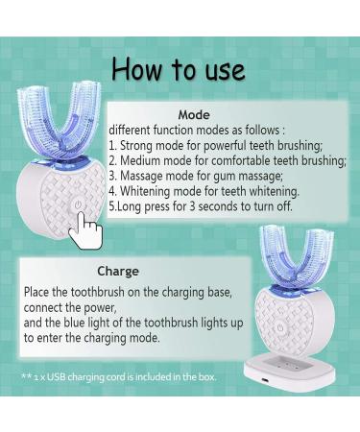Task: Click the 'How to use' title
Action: [179, 69]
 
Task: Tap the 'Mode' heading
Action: [194, 114]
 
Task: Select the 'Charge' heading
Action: [118, 272]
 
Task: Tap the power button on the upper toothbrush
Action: [78, 205]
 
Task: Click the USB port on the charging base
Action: [264, 380]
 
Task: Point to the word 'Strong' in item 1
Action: [135, 146]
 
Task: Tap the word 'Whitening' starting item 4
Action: [145, 191]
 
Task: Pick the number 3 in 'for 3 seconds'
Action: [192, 206]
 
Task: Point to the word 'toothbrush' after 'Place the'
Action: [97, 292]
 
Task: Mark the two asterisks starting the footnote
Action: [26, 375]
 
